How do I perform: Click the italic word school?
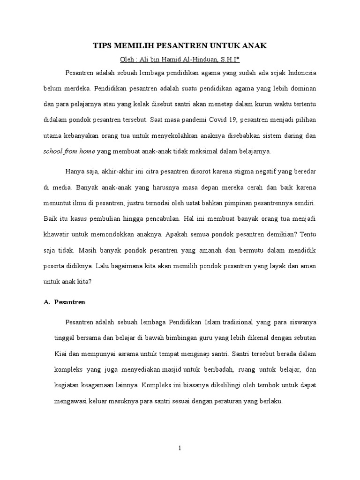tap(54, 151)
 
